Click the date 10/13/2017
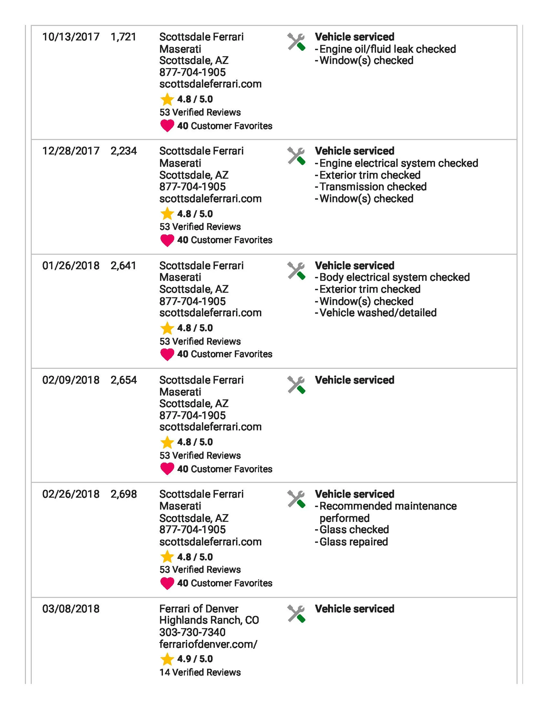pos(71,37)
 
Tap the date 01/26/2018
pos(71,266)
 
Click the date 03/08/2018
pos(71,609)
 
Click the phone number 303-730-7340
pos(192,632)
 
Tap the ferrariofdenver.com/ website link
pos(208,644)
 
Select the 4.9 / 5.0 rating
pos(195,659)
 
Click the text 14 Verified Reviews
pos(200,672)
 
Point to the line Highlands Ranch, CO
pos(209,620)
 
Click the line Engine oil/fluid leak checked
pos(388,49)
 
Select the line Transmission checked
pos(373,187)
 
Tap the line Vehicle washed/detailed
pos(378,313)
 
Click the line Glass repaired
pos(353,542)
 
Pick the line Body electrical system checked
pos(394,277)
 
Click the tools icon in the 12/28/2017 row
pos(296,156)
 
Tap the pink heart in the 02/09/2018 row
pos(167,469)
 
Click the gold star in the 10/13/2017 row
pos(167,99)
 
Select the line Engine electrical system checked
pos(398,163)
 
